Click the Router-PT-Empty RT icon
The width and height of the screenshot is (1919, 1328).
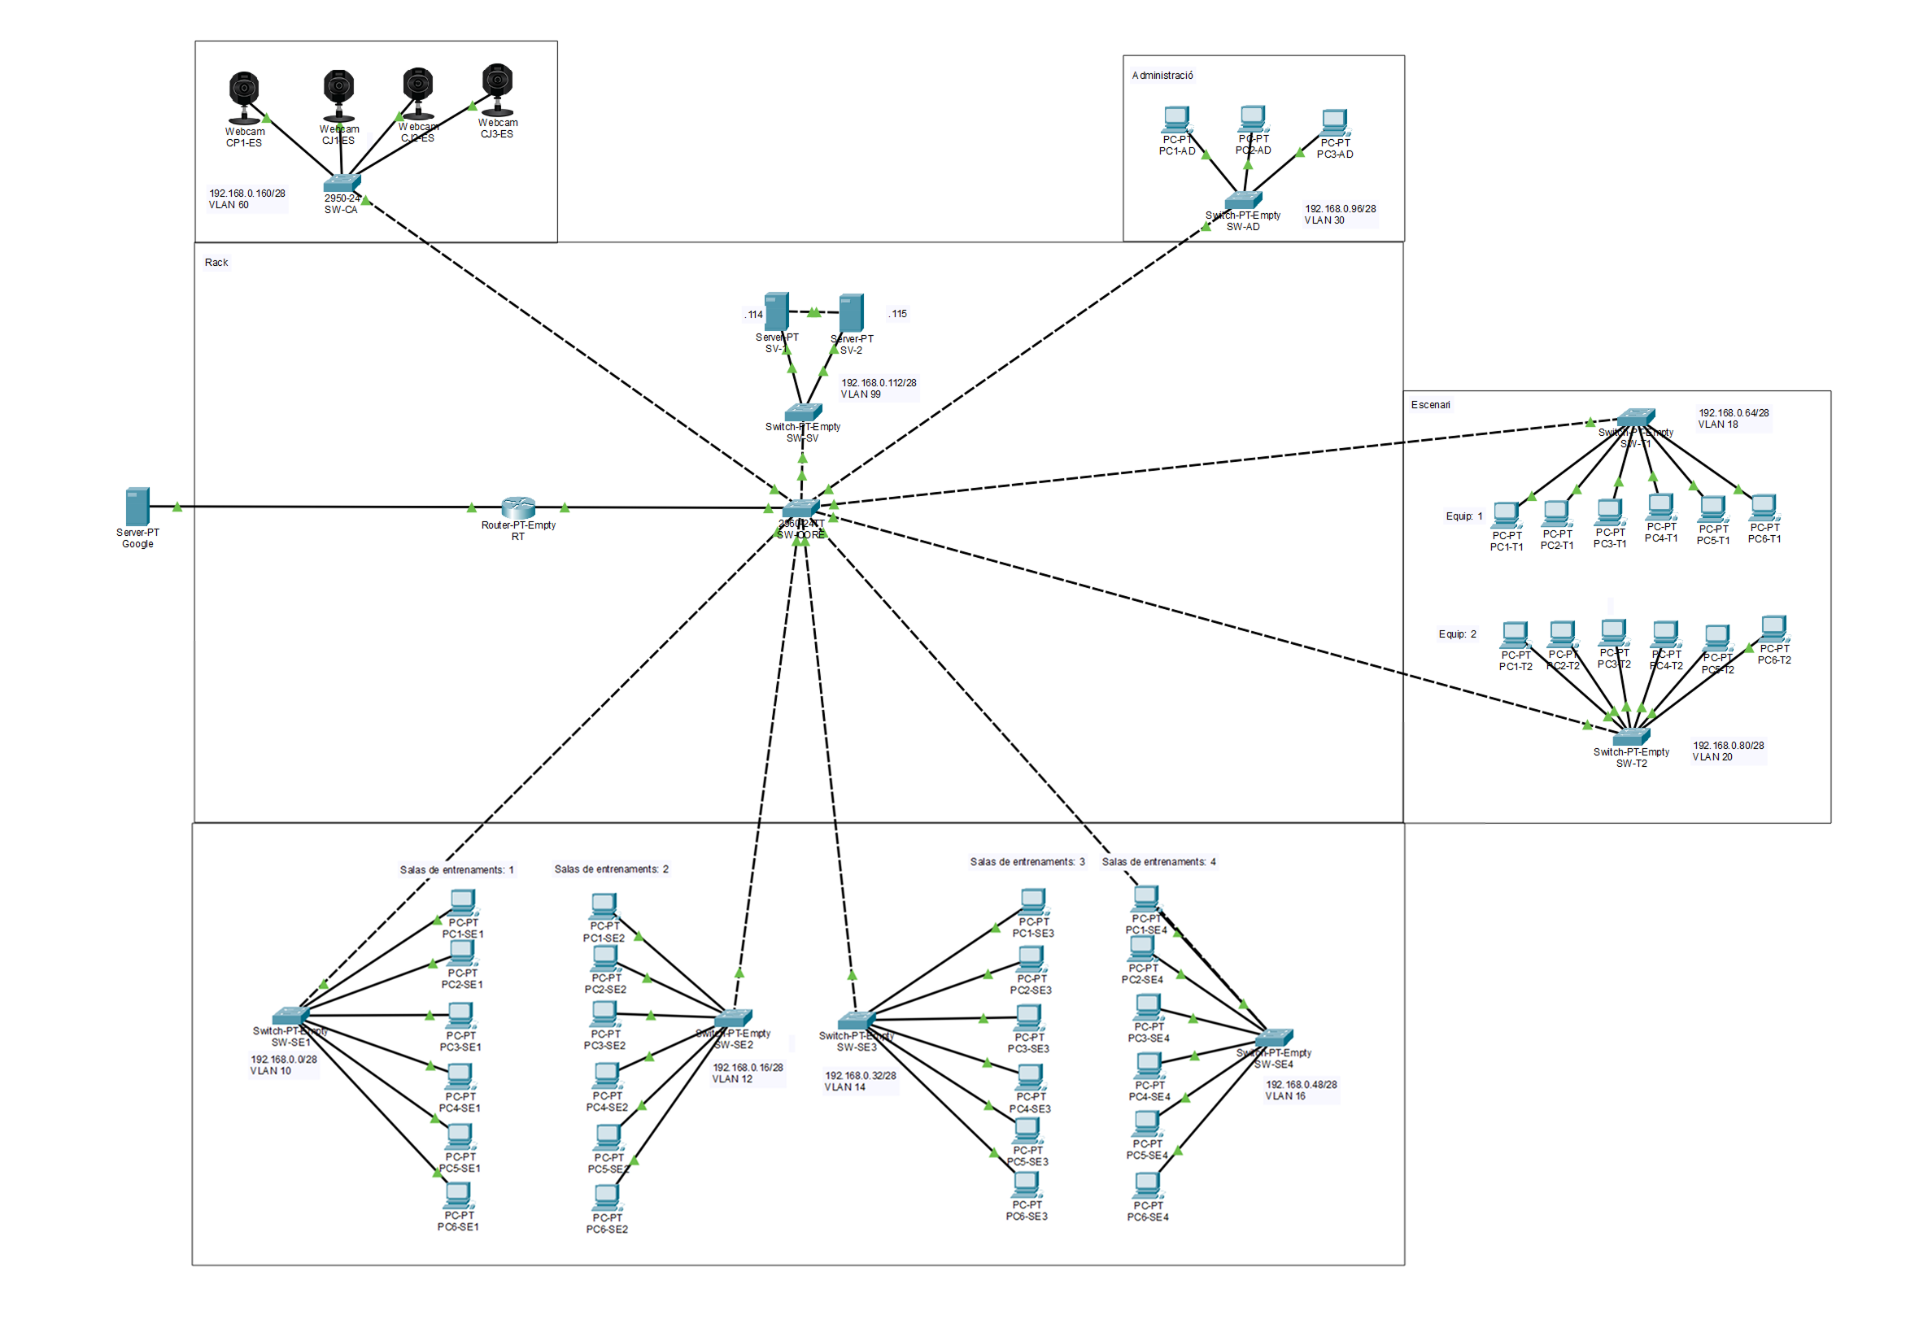pos(517,506)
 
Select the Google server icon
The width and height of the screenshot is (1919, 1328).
pos(137,506)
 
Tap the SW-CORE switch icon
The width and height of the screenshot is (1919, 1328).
pos(800,507)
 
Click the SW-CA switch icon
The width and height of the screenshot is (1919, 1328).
pos(341,182)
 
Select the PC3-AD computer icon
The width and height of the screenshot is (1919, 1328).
pos(1334,122)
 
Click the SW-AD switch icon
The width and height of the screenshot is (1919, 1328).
pos(1242,200)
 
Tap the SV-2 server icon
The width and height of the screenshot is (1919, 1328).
pos(850,312)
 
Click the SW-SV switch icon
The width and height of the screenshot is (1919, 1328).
pos(802,411)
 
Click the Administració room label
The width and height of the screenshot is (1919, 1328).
pos(1162,76)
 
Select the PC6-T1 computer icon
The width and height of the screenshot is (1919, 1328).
pos(1764,507)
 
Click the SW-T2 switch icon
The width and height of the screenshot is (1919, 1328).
pos(1630,737)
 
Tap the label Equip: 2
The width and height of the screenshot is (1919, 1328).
pos(1456,634)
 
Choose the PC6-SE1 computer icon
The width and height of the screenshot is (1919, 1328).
pos(458,1195)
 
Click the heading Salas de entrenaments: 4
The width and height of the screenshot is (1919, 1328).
pos(1158,862)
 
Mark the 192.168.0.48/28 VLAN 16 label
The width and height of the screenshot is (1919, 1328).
pos(1300,1090)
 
